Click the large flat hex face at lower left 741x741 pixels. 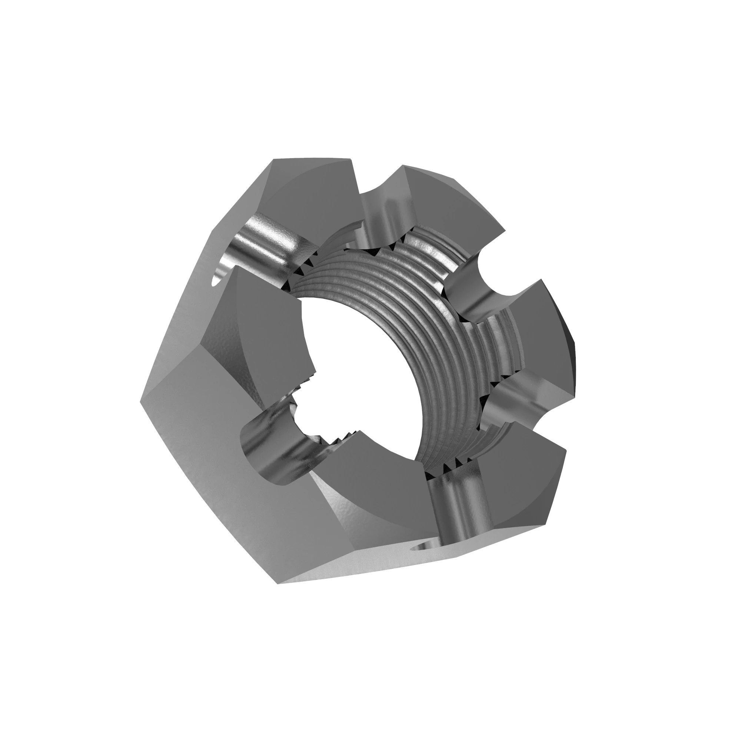(x=215, y=479)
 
